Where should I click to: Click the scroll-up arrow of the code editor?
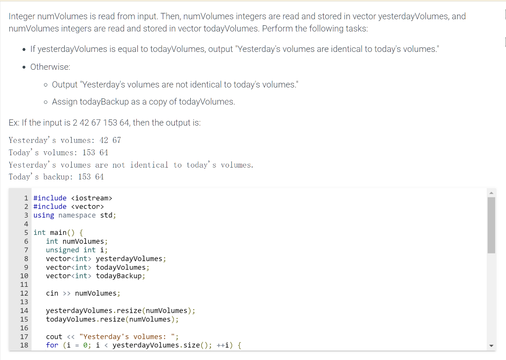pos(491,193)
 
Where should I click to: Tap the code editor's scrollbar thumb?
pos(491,225)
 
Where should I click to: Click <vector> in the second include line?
pos(87,206)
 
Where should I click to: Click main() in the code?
pos(62,232)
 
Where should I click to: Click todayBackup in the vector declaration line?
pos(119,276)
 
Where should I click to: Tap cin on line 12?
pos(52,293)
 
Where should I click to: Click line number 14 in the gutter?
pos(24,311)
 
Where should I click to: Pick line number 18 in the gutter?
pos(24,345)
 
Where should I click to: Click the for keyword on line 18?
pos(52,345)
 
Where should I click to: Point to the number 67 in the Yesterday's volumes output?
pos(117,140)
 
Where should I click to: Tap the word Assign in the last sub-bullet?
pos(64,102)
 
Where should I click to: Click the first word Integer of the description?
pos(22,16)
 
